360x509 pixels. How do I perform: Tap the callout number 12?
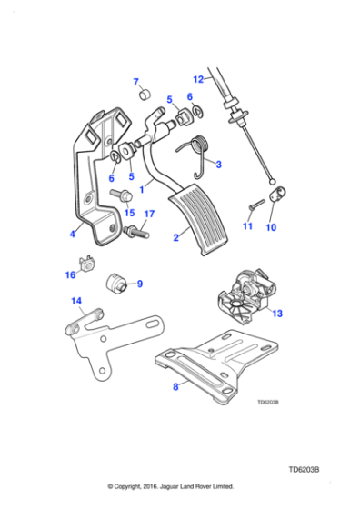(x=199, y=79)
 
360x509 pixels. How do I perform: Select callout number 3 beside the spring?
(x=218, y=165)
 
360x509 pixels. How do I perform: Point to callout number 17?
(x=72, y=235)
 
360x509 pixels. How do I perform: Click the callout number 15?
(x=129, y=213)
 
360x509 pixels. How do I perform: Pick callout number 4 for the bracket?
(x=72, y=235)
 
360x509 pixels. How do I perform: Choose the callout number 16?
(x=70, y=274)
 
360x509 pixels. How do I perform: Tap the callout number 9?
(x=139, y=284)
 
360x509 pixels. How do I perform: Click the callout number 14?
(x=76, y=301)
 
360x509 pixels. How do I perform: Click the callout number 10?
(x=270, y=228)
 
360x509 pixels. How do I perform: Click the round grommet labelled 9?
(x=116, y=284)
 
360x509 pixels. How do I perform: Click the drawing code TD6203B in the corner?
(x=305, y=471)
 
